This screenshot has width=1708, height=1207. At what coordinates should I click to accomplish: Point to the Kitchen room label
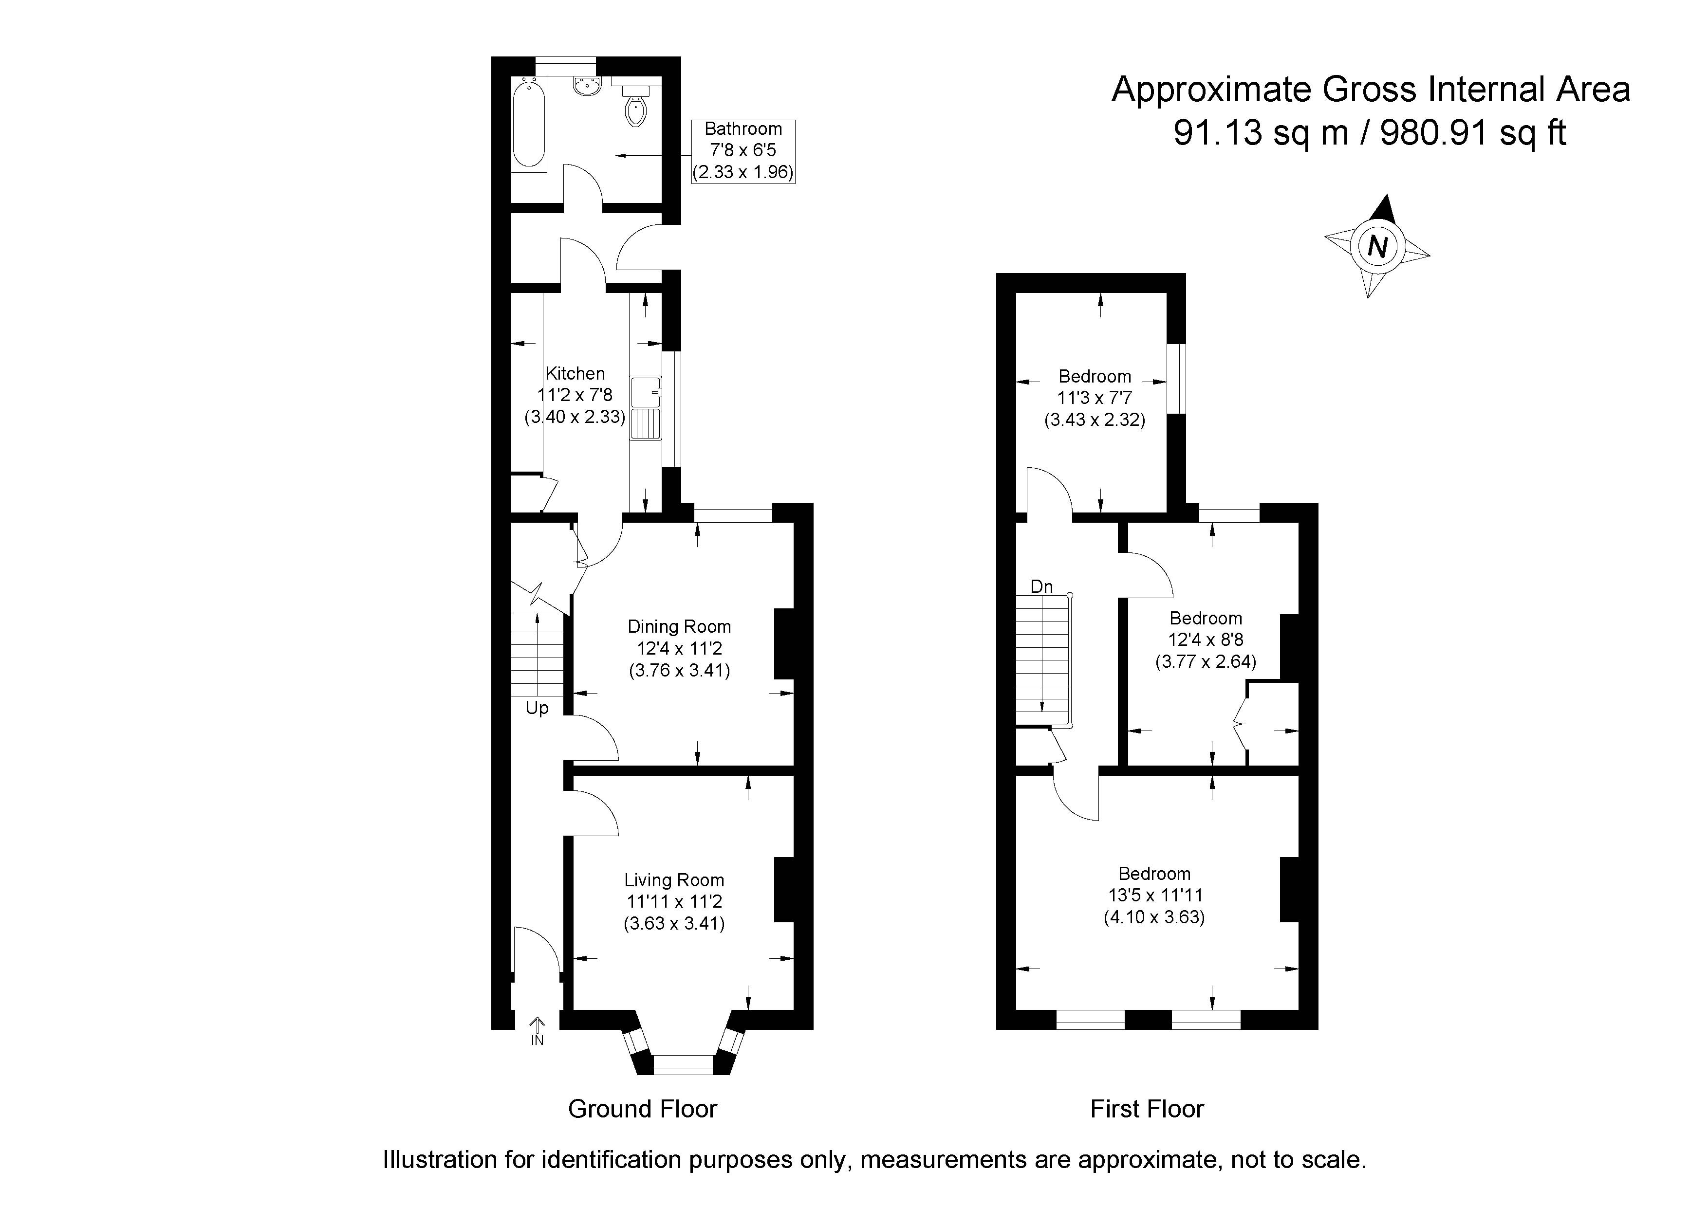[x=575, y=373]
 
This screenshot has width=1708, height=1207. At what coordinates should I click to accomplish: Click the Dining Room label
[x=679, y=627]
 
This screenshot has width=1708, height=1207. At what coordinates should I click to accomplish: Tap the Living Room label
[x=674, y=880]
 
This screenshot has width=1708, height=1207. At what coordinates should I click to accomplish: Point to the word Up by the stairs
[x=537, y=708]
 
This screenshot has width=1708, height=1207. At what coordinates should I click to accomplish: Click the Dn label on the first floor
[x=1041, y=587]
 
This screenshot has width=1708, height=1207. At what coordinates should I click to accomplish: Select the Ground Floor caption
[x=642, y=1109]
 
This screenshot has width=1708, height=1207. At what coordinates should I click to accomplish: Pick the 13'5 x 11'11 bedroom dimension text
[x=1154, y=896]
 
